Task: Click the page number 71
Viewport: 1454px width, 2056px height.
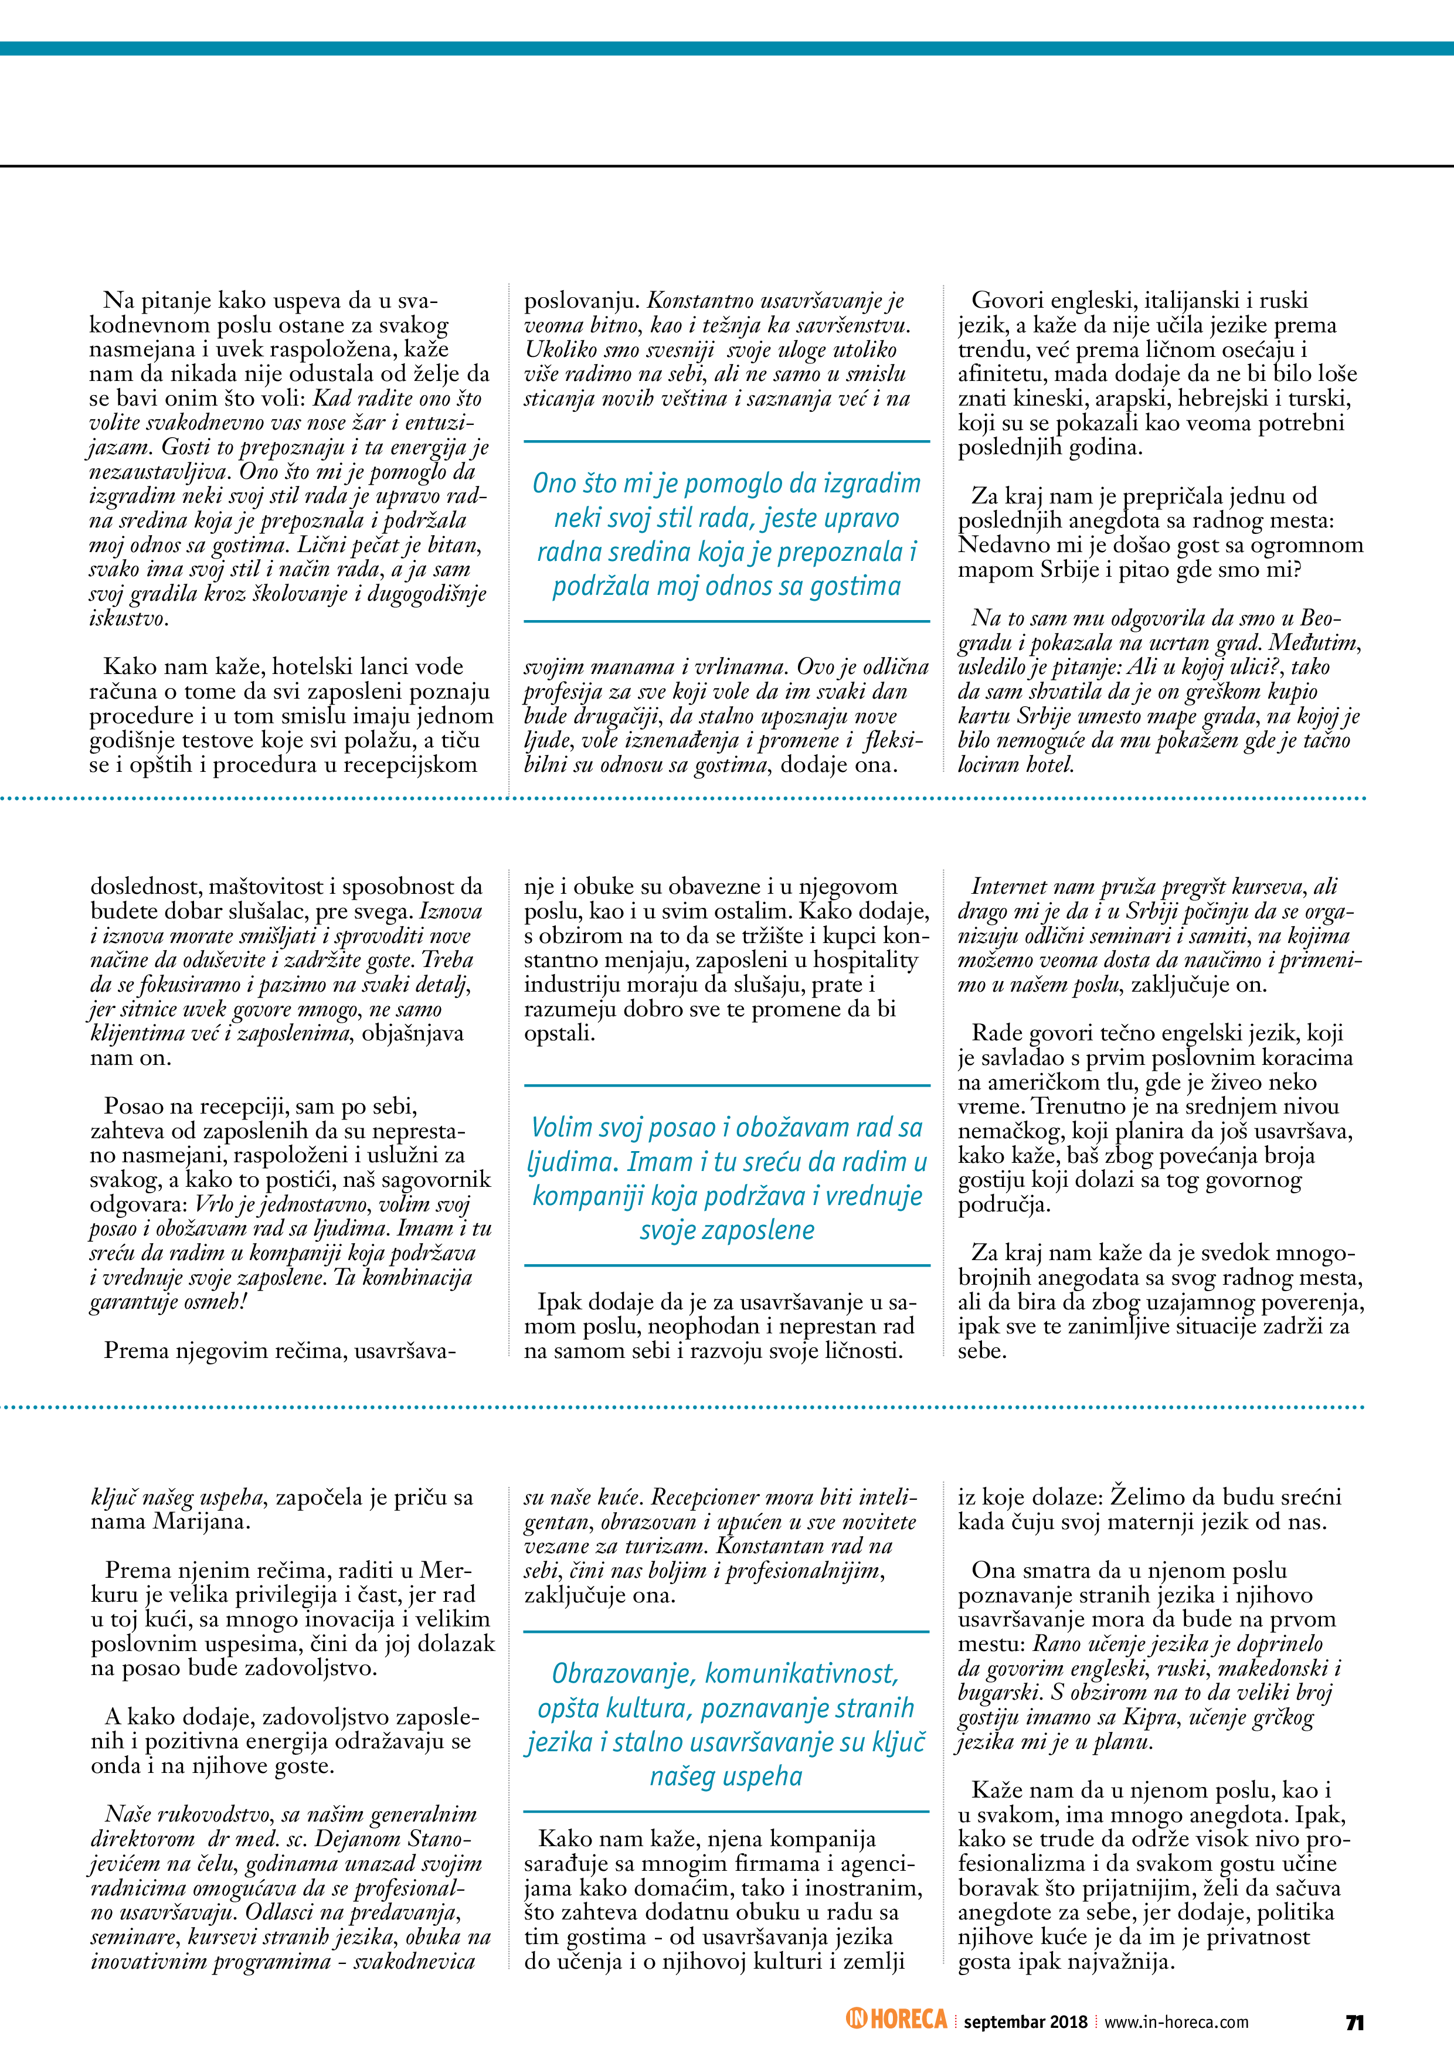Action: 1354,2022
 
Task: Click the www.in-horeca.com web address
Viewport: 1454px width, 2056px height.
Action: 1176,2022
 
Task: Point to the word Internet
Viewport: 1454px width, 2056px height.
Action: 1016,887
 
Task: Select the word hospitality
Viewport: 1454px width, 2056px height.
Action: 865,960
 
